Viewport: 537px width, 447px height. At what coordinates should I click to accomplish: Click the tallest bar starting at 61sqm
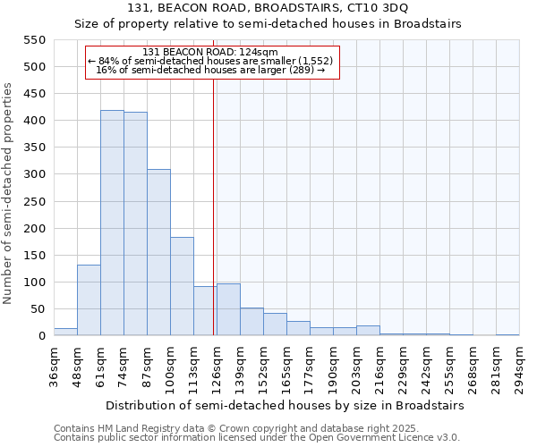coord(112,223)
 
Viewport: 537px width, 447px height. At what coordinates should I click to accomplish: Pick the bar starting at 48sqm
coord(89,300)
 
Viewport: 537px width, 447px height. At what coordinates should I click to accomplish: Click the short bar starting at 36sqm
coord(65,332)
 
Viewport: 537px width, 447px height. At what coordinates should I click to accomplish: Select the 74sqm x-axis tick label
coord(124,366)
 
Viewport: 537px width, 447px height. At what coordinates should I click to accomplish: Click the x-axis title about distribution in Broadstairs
coord(284,405)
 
